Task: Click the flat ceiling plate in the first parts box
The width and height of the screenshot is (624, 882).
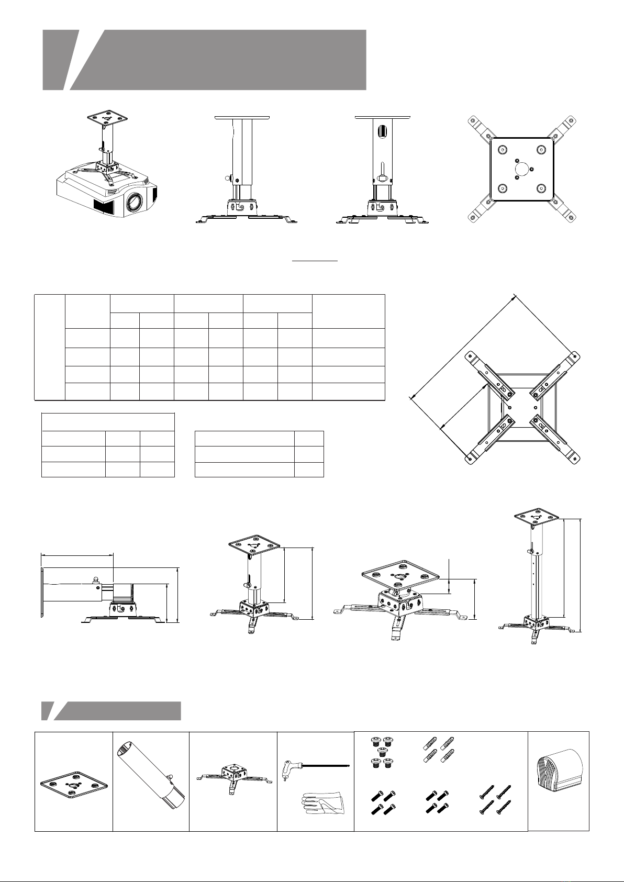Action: (x=74, y=786)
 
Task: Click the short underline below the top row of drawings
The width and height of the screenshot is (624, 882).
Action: (x=315, y=260)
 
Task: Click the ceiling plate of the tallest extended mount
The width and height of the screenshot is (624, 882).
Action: (x=534, y=517)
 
